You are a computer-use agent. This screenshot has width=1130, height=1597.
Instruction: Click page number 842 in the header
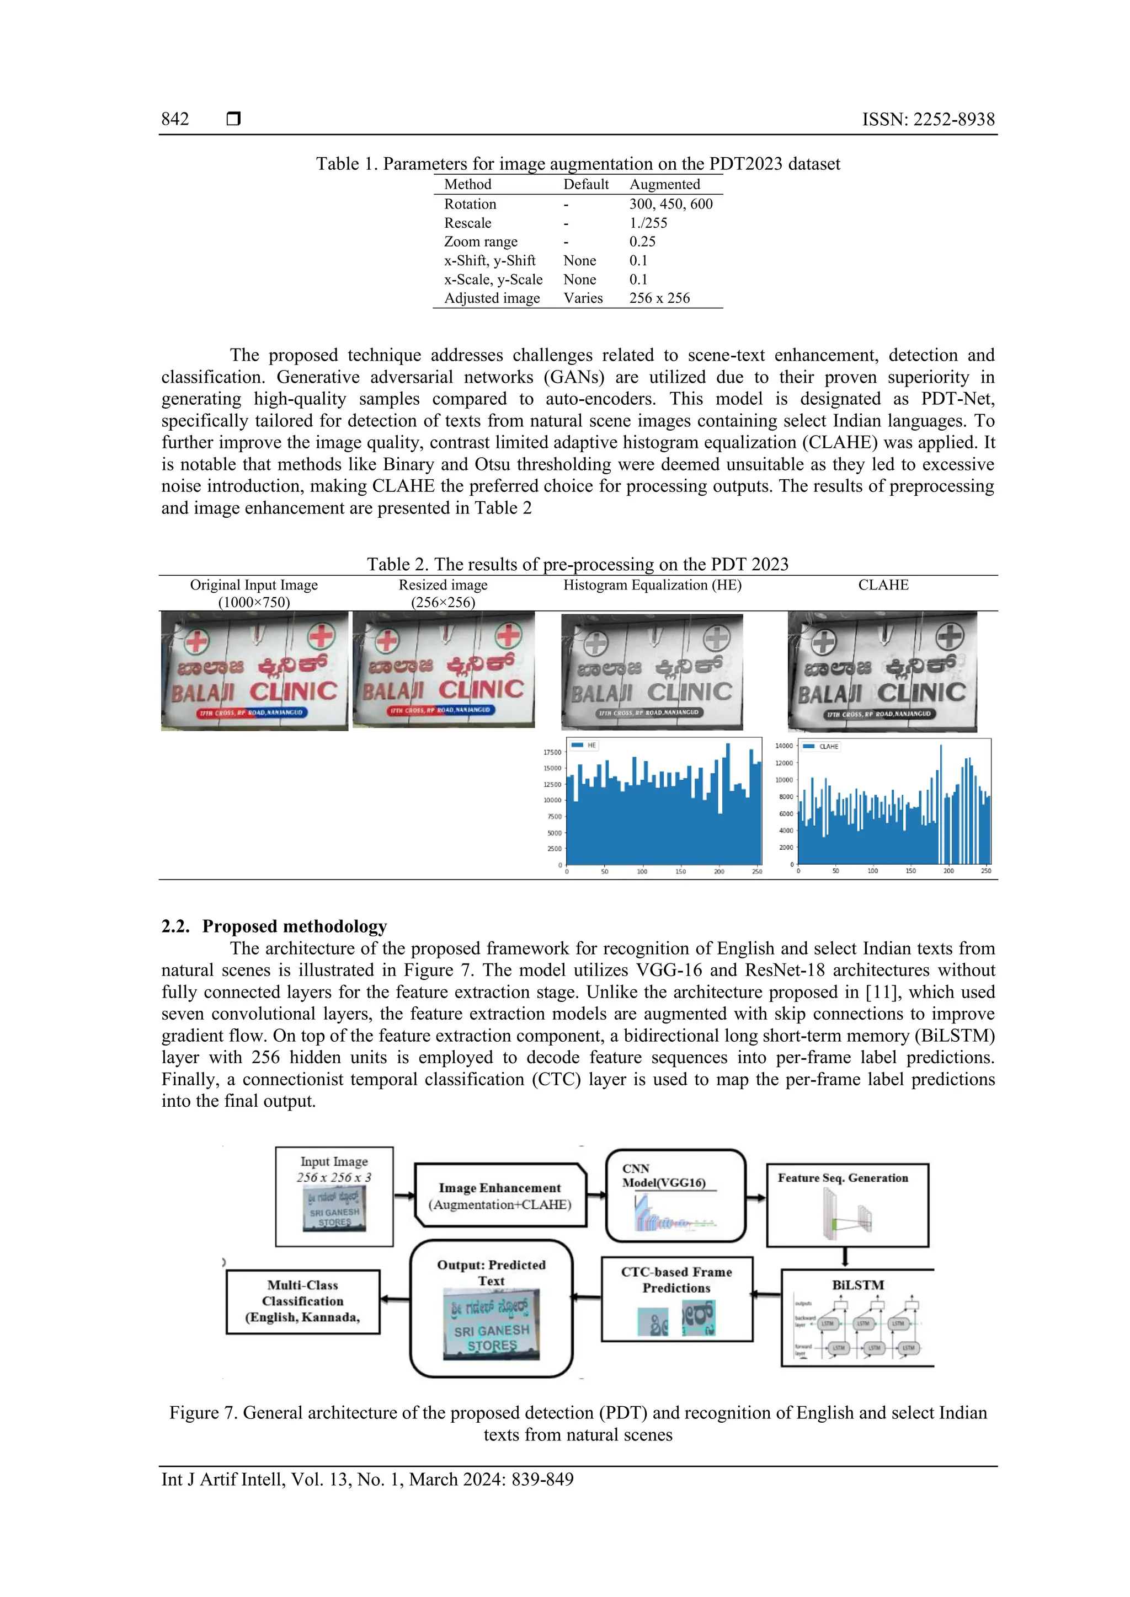(x=175, y=119)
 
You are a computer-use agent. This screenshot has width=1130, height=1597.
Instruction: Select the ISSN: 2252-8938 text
(x=928, y=119)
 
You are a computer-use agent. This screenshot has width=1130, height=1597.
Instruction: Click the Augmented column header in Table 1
(x=664, y=184)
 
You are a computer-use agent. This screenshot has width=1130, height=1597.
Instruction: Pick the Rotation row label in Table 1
(x=470, y=204)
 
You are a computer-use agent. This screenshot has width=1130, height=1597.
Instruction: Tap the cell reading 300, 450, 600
(x=671, y=204)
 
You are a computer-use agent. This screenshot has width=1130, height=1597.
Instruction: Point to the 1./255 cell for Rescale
(x=648, y=223)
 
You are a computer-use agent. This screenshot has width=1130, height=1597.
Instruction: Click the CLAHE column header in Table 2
(x=883, y=585)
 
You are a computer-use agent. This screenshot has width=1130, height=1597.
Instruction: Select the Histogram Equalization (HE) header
(x=652, y=585)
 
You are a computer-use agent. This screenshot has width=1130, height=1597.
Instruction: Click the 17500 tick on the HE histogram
(x=552, y=752)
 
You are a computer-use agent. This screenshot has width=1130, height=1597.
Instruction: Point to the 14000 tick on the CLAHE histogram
(x=783, y=746)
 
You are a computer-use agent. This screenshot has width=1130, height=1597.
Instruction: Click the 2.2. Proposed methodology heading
(x=274, y=926)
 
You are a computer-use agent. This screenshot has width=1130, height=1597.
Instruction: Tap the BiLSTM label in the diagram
(x=858, y=1285)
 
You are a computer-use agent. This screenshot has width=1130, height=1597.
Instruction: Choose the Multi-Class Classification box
(x=303, y=1301)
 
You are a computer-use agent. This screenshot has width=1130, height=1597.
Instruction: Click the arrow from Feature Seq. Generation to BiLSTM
(x=845, y=1257)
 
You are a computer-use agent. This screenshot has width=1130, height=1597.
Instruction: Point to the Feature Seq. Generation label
(x=843, y=1177)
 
